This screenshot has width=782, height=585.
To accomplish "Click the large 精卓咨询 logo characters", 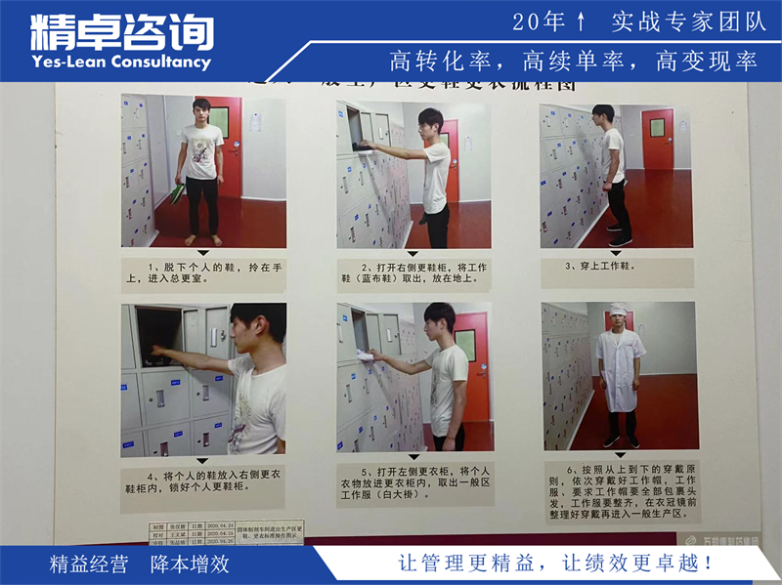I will tap(121, 29).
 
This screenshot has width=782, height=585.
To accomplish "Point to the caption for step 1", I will tap(203, 272).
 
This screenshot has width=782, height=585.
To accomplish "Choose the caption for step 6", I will tap(619, 491).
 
